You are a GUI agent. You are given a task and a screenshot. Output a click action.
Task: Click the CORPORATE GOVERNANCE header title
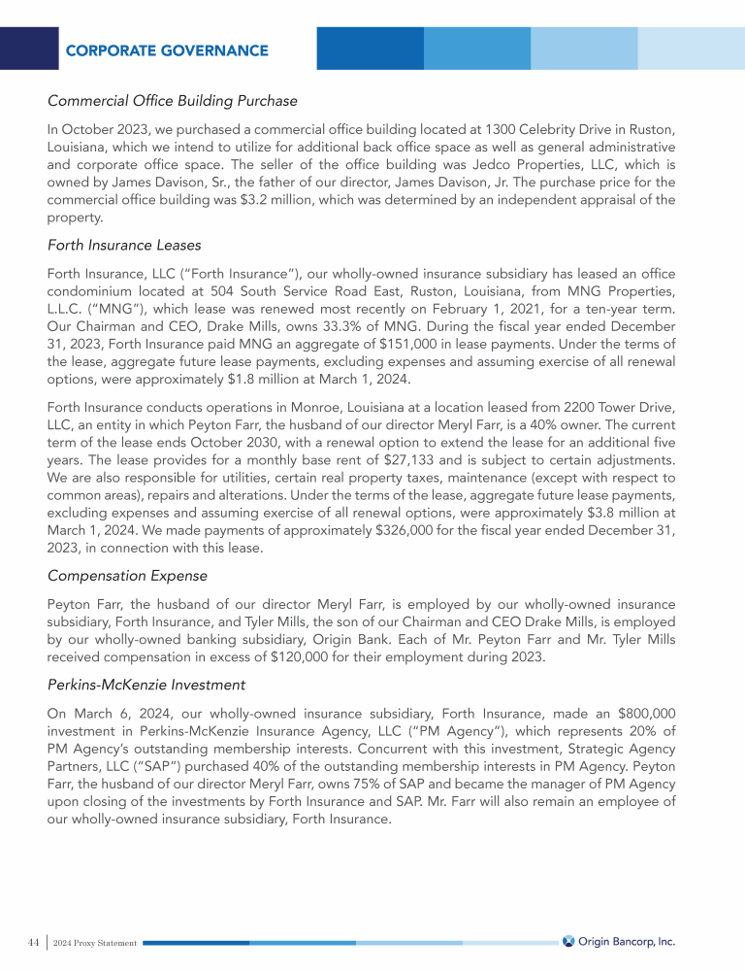pyautogui.click(x=167, y=50)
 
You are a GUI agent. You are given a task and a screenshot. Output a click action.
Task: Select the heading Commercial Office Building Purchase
pyautogui.click(x=172, y=100)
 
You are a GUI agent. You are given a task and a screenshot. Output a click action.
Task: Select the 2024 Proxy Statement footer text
pyautogui.click(x=95, y=943)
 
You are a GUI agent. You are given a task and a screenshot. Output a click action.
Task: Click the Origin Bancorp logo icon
pyautogui.click(x=568, y=941)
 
